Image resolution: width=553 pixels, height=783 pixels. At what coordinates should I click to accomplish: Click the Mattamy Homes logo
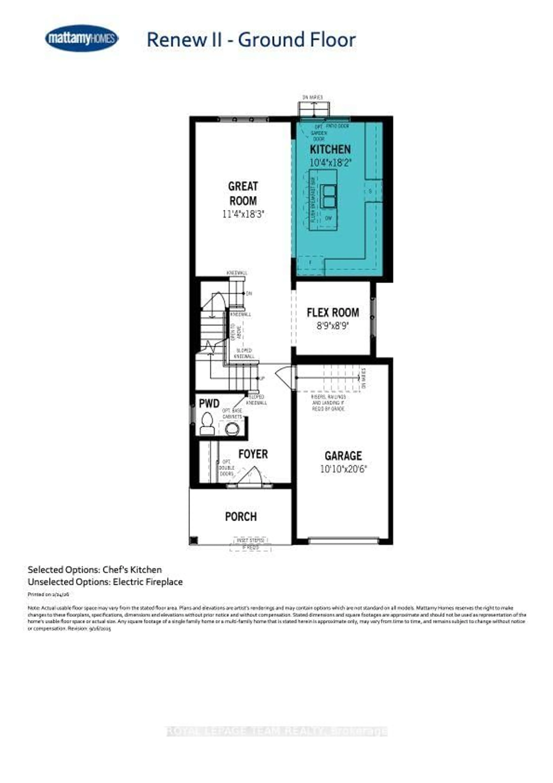point(82,38)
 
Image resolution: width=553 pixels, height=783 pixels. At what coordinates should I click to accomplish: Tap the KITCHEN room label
point(330,149)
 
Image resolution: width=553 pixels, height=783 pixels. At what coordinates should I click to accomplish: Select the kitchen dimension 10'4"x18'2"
point(330,163)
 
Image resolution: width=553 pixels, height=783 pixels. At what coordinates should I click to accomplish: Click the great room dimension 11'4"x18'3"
point(243,214)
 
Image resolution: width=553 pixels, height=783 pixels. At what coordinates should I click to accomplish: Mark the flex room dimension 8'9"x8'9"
point(333,326)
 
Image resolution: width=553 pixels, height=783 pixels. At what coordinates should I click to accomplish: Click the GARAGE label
point(343,456)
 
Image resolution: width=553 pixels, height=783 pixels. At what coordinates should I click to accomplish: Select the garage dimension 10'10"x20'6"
point(343,469)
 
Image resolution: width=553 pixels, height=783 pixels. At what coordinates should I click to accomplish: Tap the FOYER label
point(253,454)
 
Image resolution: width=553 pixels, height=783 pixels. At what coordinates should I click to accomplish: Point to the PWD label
point(209,404)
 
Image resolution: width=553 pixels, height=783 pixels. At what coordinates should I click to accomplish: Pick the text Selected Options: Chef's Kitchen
point(94,569)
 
